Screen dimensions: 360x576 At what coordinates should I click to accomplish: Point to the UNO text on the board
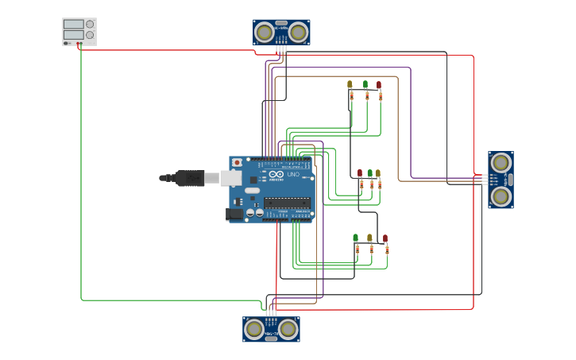coord(292,174)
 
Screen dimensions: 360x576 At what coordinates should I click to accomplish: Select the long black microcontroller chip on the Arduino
coord(287,201)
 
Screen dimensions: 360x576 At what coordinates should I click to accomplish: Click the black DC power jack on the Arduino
coord(234,214)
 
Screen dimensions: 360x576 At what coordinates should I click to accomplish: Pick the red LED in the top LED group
coord(378,84)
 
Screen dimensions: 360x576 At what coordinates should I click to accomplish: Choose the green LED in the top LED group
coord(365,84)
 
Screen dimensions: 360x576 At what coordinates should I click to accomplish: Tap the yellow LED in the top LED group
coord(350,83)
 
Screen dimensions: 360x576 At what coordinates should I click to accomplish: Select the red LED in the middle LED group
coord(360,172)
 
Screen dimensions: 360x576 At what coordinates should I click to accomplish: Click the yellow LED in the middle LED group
coord(378,172)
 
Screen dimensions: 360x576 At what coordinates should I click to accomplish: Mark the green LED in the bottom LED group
coord(355,238)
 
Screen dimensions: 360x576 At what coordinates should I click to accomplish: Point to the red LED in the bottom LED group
coord(385,238)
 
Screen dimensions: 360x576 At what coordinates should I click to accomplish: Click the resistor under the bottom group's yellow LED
coord(370,250)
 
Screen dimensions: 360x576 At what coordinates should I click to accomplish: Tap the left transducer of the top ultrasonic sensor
coord(264,32)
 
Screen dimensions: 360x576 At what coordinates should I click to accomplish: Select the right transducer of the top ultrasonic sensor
coord(299,32)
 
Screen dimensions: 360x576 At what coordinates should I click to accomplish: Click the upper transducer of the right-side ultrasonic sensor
coord(500,163)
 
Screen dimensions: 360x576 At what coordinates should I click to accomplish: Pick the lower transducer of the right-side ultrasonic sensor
coord(500,195)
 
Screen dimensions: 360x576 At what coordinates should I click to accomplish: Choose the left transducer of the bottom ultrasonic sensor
coord(254,328)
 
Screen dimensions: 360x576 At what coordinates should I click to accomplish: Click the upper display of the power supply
coord(73,25)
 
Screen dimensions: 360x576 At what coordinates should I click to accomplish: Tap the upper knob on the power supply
coord(90,25)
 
